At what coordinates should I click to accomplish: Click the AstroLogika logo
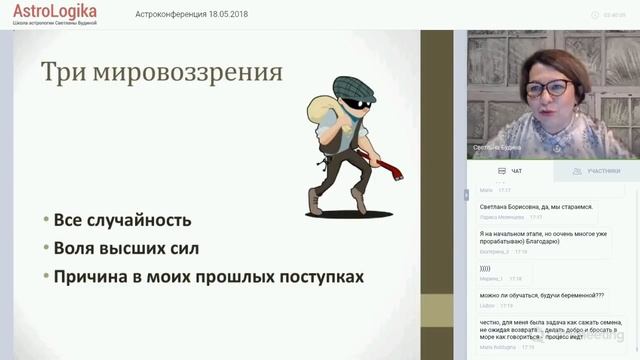pyautogui.click(x=55, y=12)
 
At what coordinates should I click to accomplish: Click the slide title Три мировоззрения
pyautogui.click(x=161, y=72)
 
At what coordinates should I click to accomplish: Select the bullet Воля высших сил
pyautogui.click(x=128, y=248)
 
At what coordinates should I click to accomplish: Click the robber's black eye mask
pyautogui.click(x=355, y=101)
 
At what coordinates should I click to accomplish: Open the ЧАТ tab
pyautogui.click(x=511, y=171)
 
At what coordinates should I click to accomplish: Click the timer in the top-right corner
pyautogui.click(x=615, y=15)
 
